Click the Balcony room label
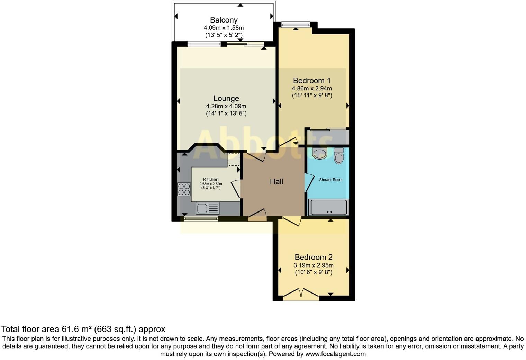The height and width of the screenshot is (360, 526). click(224, 20)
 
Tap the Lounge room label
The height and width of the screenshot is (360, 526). click(226, 98)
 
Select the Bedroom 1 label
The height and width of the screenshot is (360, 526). click(312, 80)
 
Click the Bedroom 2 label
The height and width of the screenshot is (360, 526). click(313, 257)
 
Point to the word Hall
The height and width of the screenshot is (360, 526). click(276, 181)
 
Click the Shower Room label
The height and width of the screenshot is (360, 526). click(330, 180)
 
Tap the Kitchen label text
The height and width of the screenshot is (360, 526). click(211, 179)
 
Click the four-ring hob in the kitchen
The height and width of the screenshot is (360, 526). click(184, 189)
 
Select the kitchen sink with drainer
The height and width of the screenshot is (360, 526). click(208, 208)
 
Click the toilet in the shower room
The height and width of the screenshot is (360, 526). click(339, 156)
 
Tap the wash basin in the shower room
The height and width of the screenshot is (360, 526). click(319, 153)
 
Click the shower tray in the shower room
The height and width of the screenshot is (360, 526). click(328, 207)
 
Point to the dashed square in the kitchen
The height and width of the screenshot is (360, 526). click(234, 160)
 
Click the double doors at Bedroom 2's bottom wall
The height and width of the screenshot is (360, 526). click(301, 294)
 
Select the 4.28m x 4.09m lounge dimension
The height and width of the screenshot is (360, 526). click(226, 106)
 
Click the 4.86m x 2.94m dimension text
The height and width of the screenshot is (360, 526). click(312, 88)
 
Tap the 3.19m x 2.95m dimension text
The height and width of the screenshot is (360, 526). click(313, 265)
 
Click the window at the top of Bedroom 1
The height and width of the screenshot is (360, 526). click(295, 25)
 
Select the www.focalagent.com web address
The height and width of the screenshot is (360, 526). click(335, 354)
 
